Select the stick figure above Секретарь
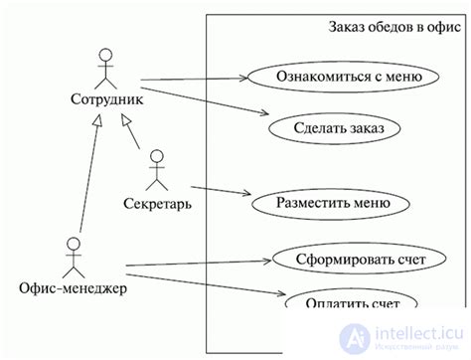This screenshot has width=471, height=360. tap(155, 171)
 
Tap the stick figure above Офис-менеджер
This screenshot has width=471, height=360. tap(73, 256)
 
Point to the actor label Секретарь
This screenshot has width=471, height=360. tap(158, 205)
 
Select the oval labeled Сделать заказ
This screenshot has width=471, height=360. tap(333, 128)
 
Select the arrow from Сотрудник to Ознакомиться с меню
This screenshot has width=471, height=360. tap(194, 77)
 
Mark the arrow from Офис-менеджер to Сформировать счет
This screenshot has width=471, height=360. tap(199, 265)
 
